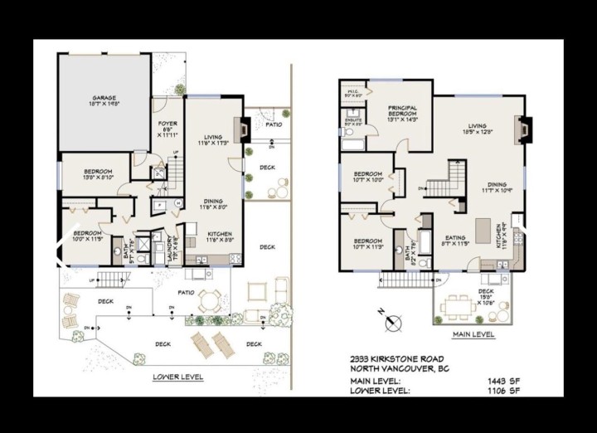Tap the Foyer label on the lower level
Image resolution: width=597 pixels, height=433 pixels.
tap(167, 127)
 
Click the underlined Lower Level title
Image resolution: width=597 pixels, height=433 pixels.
tap(178, 376)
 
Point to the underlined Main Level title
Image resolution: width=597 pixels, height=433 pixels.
tap(473, 334)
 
